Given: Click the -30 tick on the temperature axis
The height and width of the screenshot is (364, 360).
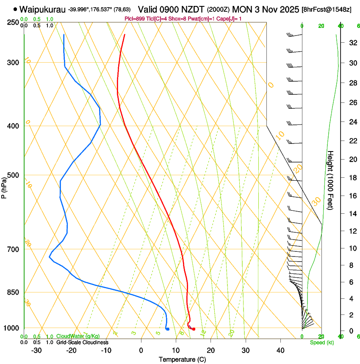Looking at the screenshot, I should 36,350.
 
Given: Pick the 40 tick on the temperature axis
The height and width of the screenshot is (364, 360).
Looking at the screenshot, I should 280,350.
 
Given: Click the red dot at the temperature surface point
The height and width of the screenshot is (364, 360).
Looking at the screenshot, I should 194,329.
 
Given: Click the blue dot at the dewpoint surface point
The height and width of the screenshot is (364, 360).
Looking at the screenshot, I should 168,329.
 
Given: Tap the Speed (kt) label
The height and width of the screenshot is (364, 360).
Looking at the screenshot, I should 321,342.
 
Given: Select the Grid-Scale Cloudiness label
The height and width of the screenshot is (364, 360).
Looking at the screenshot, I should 82,342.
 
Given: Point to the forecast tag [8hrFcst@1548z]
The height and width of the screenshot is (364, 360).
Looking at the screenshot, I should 327,9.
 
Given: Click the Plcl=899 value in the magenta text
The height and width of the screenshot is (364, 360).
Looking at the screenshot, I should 134,19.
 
